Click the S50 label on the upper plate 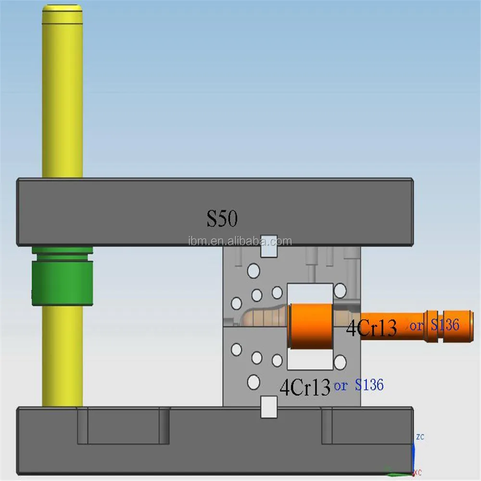point(222,219)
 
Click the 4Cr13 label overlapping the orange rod point(371,328)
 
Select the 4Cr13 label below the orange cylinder point(305,387)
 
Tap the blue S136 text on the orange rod point(445,325)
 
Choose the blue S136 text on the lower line point(369,385)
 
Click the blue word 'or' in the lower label point(341,385)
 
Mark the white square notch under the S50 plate point(269,245)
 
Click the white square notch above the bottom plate point(269,406)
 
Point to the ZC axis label point(420,437)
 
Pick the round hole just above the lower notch point(253,382)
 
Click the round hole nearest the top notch point(253,271)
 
